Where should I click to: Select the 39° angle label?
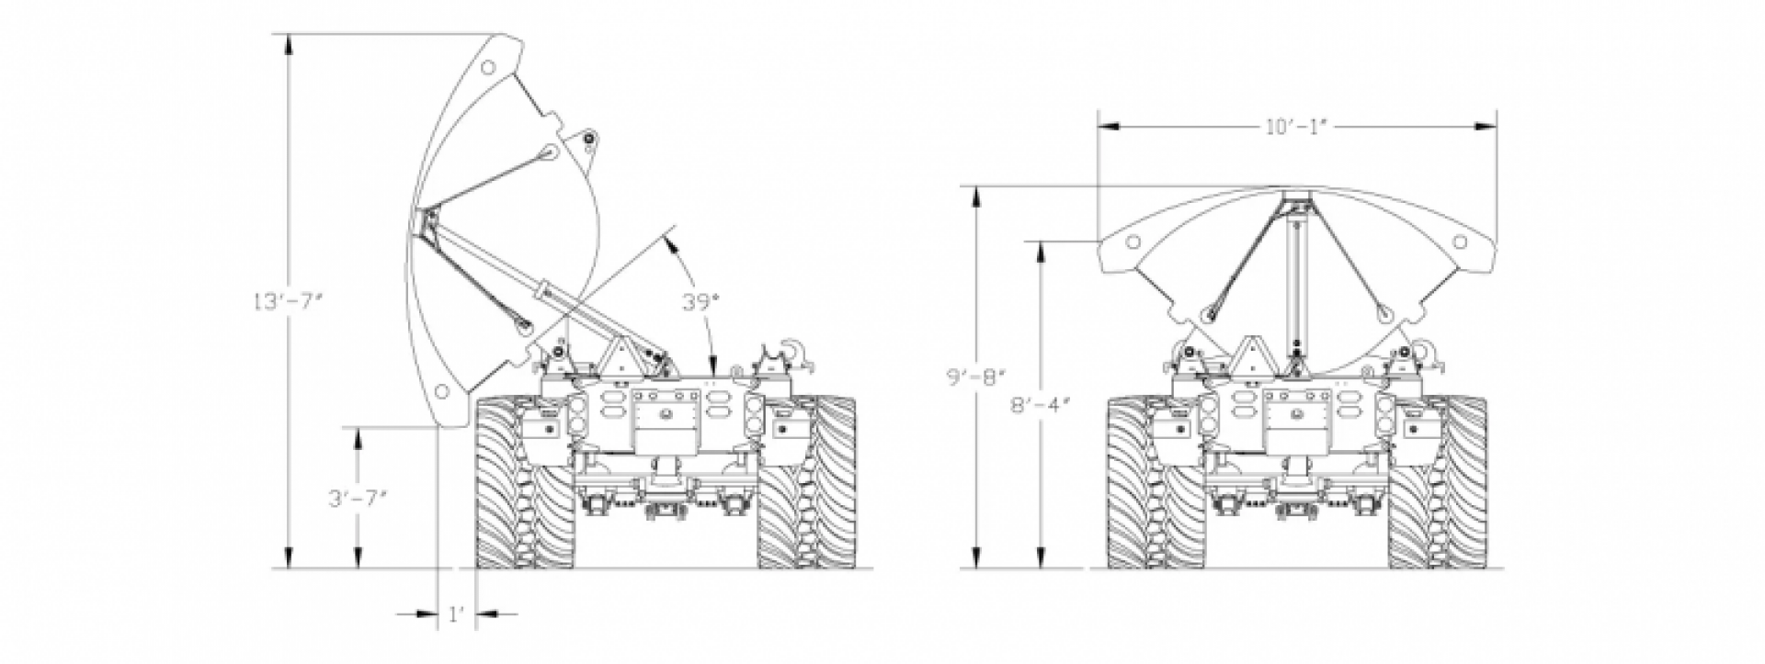(x=698, y=302)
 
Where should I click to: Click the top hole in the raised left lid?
(x=490, y=66)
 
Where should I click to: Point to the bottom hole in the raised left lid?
(x=443, y=392)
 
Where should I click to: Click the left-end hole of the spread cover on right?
(x=1134, y=242)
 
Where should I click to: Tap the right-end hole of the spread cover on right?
(x=1459, y=242)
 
